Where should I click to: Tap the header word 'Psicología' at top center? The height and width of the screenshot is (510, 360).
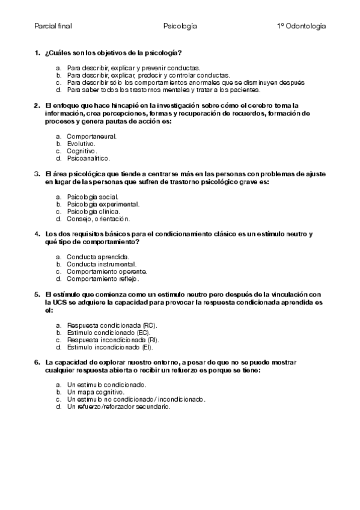coord(180,26)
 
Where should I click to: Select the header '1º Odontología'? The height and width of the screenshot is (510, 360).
coord(301,26)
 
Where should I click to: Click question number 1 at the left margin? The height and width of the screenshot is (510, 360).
coord(37,54)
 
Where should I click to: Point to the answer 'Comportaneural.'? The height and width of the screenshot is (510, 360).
coord(92,136)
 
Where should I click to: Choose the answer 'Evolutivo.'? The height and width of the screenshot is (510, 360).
coord(81,144)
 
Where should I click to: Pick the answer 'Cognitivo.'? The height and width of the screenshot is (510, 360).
coord(82,151)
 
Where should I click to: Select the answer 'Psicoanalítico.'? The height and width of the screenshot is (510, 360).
coord(89,158)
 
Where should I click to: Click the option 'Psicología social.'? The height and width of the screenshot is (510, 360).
coord(93,197)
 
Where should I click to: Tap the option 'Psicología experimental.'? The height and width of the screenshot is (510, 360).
coord(103,204)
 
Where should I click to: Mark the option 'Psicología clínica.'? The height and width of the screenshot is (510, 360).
coord(94,211)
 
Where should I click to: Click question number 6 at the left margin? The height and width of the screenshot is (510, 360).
coord(37,363)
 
